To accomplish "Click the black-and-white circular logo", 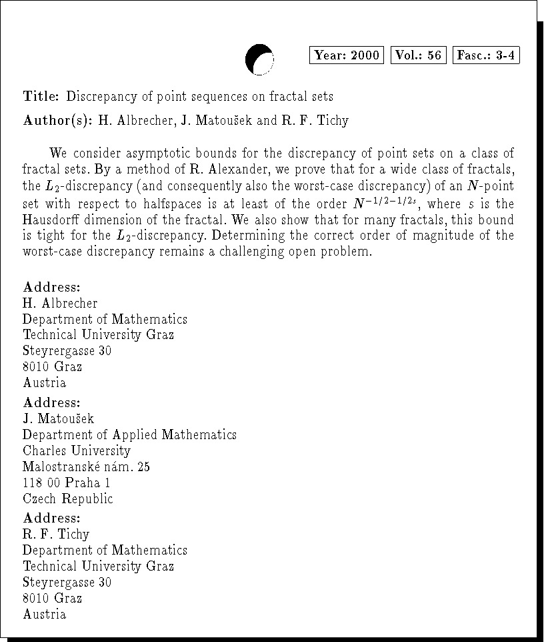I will tap(259, 59).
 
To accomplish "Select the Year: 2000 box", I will tap(347, 55).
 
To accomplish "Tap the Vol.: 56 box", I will tap(418, 55).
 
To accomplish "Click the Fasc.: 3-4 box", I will tap(486, 55).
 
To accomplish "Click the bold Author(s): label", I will tap(57, 121).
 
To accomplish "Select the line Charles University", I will tap(77, 450).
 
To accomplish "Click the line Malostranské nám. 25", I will tap(86, 466).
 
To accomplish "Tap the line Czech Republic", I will tap(68, 499).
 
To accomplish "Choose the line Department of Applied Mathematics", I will tap(129, 434).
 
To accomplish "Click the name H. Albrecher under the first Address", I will tap(60, 303).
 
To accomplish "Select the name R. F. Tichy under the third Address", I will tap(56, 534).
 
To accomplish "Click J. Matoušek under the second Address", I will tap(59, 418).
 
